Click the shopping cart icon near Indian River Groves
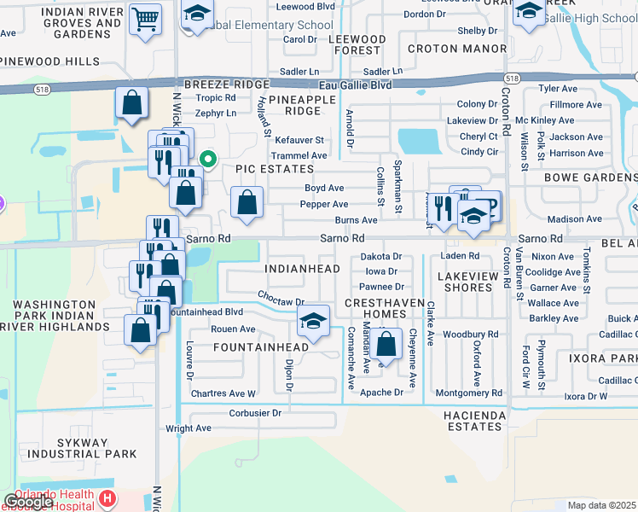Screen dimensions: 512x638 point(146,18)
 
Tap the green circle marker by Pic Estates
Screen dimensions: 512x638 point(207,159)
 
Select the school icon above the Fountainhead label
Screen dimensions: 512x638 point(313,322)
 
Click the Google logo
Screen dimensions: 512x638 point(28,502)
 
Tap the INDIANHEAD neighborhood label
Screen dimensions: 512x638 point(303,269)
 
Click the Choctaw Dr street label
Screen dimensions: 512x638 point(281,300)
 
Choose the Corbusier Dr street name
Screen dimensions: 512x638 point(255,412)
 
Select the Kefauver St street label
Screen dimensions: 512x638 point(298,140)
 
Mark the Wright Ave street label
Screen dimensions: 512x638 point(188,429)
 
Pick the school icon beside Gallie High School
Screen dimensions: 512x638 point(529,15)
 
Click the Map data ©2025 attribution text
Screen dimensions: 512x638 point(600,505)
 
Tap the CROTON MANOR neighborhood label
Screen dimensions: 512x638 point(456,49)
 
